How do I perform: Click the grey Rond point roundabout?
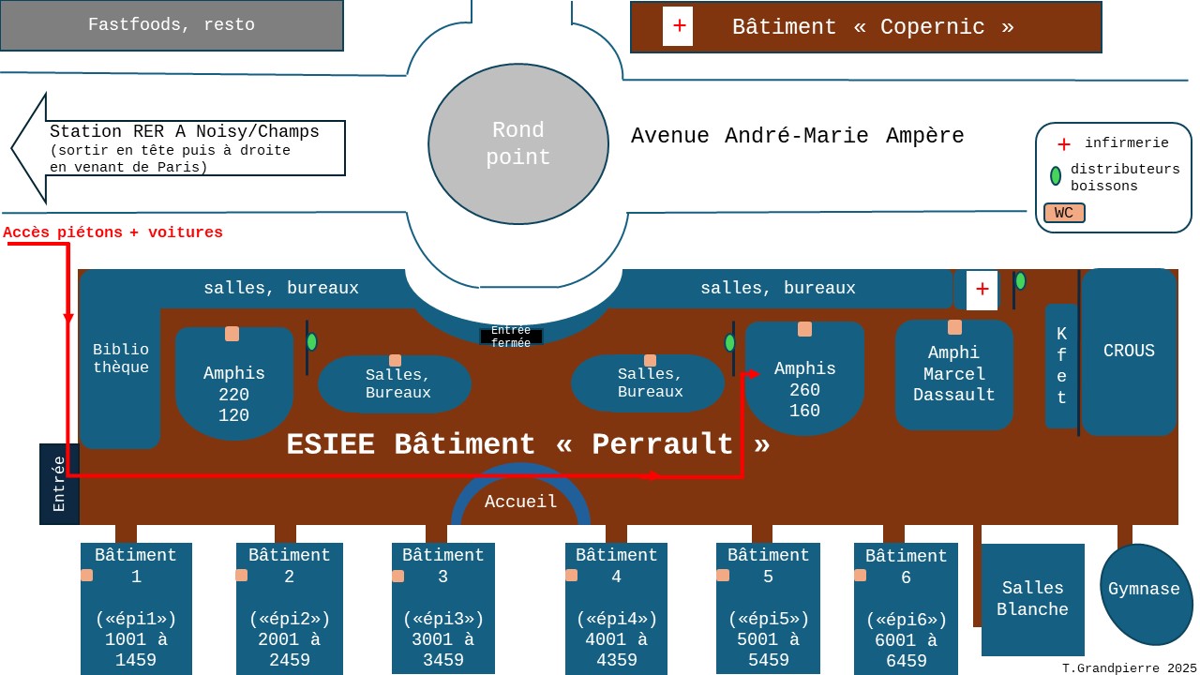(x=518, y=144)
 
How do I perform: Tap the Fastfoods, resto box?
(x=172, y=25)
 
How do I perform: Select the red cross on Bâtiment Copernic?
(x=678, y=26)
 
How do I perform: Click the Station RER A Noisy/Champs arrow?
(x=187, y=148)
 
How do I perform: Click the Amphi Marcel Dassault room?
(x=954, y=375)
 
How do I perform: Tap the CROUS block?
(x=1129, y=352)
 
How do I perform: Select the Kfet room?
(x=1061, y=366)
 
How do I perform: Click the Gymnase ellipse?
(x=1144, y=591)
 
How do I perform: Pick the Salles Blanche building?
(x=1032, y=599)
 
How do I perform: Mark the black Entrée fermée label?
(x=511, y=337)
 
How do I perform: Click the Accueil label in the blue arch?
(x=521, y=502)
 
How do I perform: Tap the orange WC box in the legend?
(x=1064, y=213)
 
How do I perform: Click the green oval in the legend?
(x=1056, y=175)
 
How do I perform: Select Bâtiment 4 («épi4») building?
(x=616, y=607)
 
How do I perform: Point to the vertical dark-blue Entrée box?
(x=59, y=484)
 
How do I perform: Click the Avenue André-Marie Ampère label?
(x=797, y=136)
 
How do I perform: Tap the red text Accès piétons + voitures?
(x=113, y=232)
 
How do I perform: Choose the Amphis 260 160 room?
(x=804, y=384)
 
